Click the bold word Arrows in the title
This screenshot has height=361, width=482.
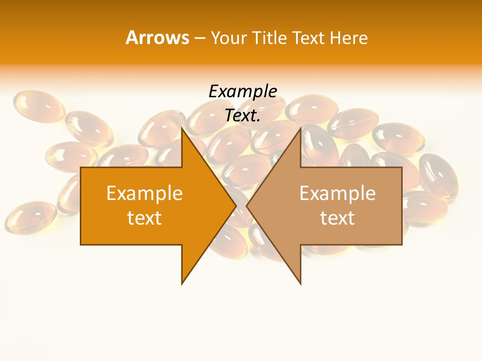pos(157,38)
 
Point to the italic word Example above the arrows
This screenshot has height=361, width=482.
pos(243,91)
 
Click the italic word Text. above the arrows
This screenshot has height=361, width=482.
pos(243,115)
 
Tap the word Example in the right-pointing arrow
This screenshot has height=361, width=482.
pos(145,193)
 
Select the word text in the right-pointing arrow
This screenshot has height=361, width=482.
pos(145,218)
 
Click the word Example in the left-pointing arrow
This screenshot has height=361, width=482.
pos(337,193)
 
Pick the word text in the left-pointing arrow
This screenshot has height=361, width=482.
pos(337,218)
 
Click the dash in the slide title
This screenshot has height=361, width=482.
pos(199,38)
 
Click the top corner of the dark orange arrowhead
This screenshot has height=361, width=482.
pos(182,128)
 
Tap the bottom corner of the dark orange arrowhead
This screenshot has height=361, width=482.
pos(182,283)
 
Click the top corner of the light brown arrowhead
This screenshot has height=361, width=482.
pos(300,128)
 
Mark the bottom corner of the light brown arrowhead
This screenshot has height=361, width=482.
pos(300,283)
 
